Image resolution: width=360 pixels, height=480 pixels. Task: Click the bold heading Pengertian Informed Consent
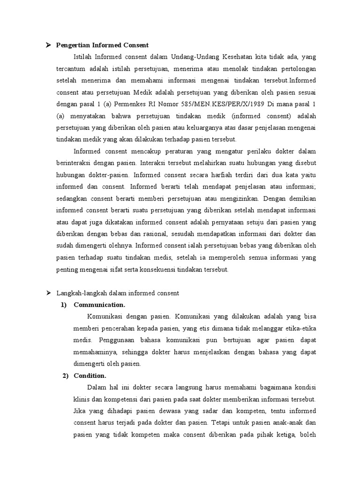(102, 45)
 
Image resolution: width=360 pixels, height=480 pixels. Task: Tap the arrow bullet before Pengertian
(48, 45)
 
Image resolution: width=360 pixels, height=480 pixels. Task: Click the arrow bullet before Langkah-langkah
(48, 293)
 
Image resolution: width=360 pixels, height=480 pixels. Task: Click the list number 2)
(65, 375)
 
